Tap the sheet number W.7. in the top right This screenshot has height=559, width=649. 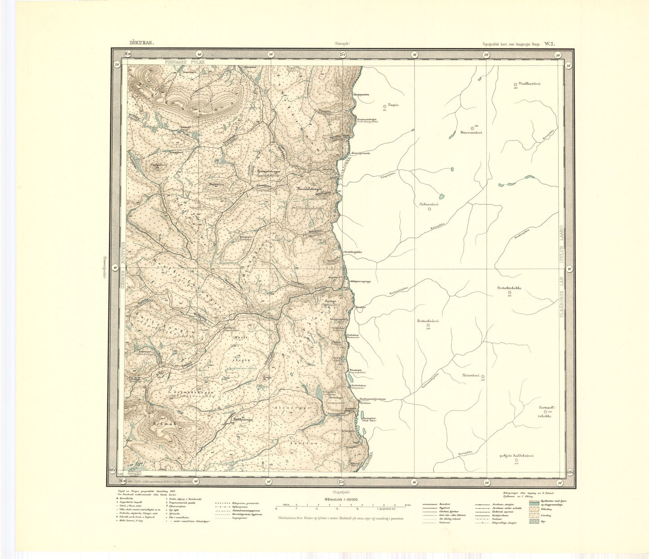550,44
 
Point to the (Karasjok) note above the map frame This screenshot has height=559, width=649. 344,44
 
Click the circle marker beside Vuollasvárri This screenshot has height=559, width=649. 515,84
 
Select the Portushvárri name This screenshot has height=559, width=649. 427,321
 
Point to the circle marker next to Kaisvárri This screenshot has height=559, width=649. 483,377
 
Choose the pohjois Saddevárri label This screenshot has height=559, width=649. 516,456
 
